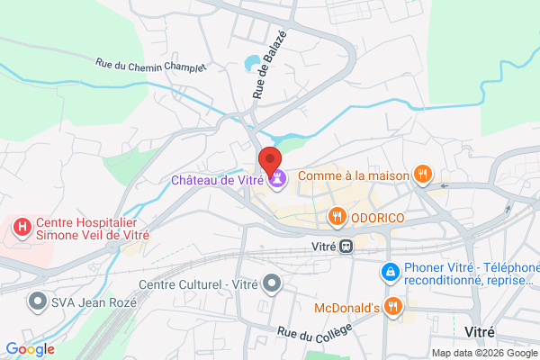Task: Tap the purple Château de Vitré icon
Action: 277,179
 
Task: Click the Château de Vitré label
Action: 218,180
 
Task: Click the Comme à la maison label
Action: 353,175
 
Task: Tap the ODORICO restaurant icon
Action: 337,216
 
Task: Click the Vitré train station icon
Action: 345,245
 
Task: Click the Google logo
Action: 30,349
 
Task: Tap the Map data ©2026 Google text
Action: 482,352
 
